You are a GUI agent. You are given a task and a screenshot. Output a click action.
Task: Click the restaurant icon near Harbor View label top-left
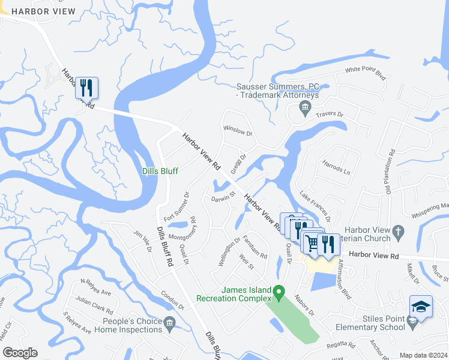(86, 88)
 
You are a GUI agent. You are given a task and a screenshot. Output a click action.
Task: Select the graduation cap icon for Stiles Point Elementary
(421, 306)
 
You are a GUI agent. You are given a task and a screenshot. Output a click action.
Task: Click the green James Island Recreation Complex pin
(279, 294)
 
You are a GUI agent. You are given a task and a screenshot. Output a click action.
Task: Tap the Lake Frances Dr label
(315, 204)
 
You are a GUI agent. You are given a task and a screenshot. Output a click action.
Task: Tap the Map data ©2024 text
(423, 355)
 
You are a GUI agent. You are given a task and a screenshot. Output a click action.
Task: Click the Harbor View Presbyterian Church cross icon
(397, 231)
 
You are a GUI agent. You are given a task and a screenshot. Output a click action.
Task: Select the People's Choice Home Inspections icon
(170, 325)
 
